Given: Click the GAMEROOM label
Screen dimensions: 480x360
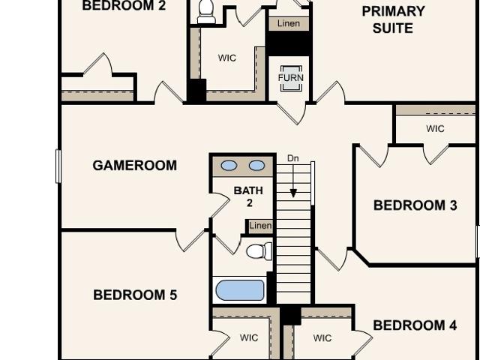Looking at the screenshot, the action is [135, 166].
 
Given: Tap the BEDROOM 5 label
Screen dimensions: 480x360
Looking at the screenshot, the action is [135, 295].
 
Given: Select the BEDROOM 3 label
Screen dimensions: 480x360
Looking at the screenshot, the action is [415, 205].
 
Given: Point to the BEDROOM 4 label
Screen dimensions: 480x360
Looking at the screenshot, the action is [415, 325].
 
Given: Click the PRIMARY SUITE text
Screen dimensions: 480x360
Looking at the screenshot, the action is [393, 20].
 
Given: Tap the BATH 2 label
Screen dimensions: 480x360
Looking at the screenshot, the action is [248, 196].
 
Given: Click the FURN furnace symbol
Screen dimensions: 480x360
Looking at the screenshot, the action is [291, 78].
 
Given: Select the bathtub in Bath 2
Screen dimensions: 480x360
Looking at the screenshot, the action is [240, 290].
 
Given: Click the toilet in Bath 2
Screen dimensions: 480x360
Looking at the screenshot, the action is [259, 251].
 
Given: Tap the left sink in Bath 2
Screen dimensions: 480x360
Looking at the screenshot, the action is [229, 166].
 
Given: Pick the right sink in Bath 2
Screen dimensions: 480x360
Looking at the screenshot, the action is [256, 166].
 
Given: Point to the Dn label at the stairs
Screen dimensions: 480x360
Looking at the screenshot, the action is [293, 158].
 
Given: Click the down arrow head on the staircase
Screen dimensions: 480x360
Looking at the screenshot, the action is [293, 193].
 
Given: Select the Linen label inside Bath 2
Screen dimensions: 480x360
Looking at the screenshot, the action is [260, 226].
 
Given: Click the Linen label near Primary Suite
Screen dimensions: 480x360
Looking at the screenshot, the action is [289, 23].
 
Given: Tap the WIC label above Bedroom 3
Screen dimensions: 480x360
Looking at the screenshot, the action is [435, 128].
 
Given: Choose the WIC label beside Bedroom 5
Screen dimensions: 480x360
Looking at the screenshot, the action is [249, 337].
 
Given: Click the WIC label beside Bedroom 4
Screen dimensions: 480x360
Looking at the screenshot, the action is [322, 338].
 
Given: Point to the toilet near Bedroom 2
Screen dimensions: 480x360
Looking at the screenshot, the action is [207, 11].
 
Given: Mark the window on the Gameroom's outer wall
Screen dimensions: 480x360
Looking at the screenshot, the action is [58, 166].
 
